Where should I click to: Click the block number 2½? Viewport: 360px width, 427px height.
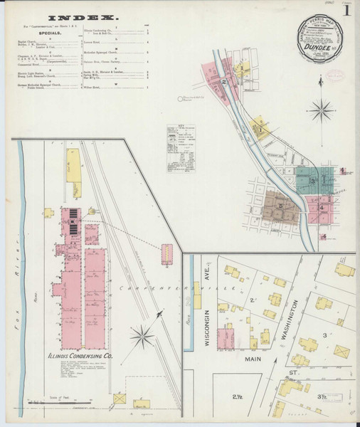pos(237,396)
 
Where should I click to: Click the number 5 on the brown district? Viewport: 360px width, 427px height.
pos(280,206)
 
